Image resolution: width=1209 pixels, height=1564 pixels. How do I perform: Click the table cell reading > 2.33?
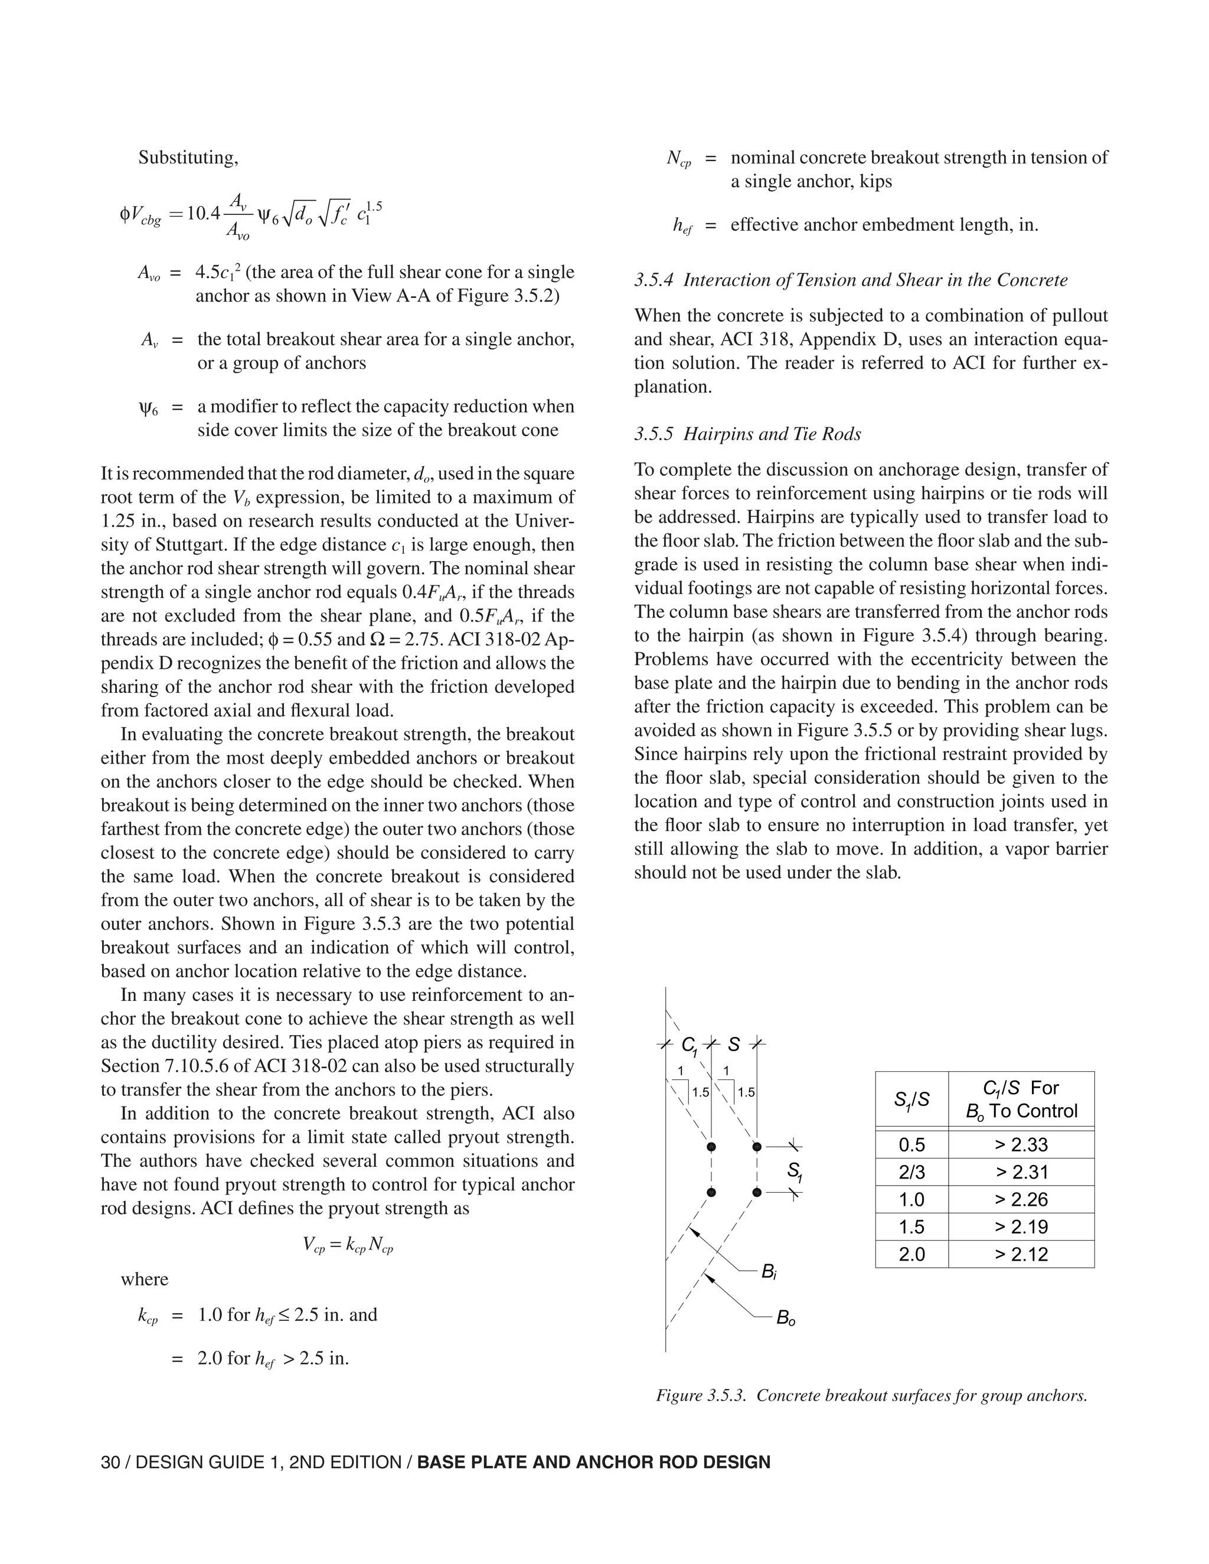tap(1021, 1144)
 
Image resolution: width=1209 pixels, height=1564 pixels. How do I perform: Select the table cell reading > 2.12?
tap(1021, 1254)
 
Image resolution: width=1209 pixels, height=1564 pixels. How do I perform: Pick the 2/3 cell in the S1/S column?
tap(911, 1172)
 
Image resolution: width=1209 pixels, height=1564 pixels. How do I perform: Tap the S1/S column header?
tap(911, 1100)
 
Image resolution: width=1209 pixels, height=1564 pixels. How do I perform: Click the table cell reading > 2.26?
tap(1021, 1199)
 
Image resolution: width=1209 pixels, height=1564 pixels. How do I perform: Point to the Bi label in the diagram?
tap(769, 1272)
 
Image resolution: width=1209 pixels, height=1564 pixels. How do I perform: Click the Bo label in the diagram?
tap(786, 1318)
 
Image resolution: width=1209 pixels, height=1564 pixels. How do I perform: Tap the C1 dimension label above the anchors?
tap(689, 1046)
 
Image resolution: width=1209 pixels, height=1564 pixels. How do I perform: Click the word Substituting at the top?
tap(188, 158)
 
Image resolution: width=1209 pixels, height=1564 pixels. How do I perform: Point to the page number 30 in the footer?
tap(110, 1462)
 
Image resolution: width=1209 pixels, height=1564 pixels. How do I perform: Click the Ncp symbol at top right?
tap(678, 159)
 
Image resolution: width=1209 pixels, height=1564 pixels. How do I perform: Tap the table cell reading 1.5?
tap(911, 1227)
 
